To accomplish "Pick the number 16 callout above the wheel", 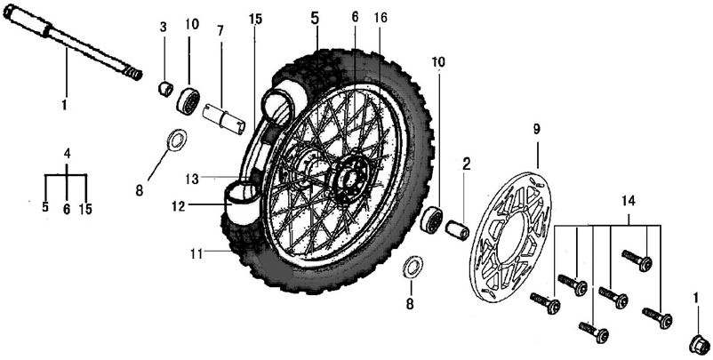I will pyautogui.click(x=381, y=18).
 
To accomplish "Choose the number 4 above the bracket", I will pyautogui.click(x=66, y=154).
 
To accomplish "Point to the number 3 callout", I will pyautogui.click(x=163, y=27).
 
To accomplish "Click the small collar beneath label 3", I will pyautogui.click(x=164, y=87).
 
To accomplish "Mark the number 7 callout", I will pyautogui.click(x=220, y=31).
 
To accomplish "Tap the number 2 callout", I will pyautogui.click(x=465, y=164).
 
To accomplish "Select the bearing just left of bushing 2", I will pyautogui.click(x=432, y=220).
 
